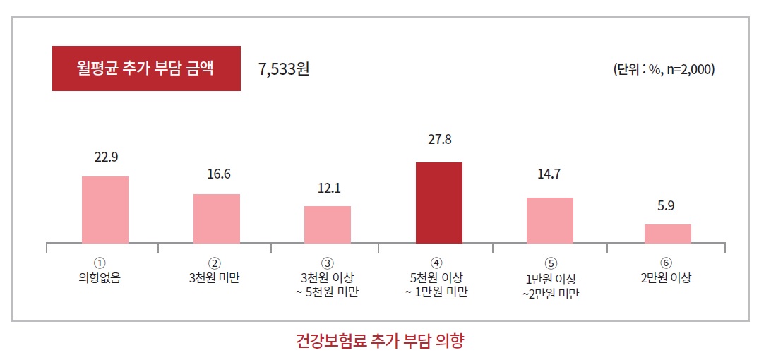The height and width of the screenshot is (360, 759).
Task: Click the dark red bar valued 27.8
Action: click(438, 203)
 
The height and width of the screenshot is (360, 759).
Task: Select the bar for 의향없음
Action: click(105, 210)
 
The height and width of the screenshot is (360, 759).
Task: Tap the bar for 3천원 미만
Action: click(217, 218)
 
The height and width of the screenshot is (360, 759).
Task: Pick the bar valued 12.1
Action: click(328, 224)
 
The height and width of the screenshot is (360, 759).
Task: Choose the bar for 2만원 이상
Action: click(667, 234)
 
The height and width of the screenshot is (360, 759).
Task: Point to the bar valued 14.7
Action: click(550, 220)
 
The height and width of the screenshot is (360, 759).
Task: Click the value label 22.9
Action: click(106, 157)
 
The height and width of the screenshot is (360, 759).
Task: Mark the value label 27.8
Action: click(439, 140)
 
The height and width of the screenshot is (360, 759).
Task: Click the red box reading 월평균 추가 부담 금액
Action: click(146, 68)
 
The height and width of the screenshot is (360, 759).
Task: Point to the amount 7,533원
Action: click(284, 69)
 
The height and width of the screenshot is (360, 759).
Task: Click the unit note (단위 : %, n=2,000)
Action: click(664, 70)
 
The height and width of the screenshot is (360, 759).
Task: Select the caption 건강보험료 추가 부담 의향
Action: click(380, 342)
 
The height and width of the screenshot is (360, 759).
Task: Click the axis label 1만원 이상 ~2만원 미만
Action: click(550, 285)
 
